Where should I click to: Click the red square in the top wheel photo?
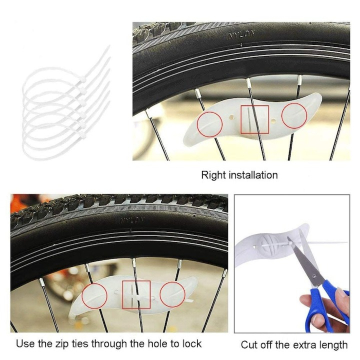pos(255,120)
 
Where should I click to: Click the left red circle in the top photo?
pos(210,124)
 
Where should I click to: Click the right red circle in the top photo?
pos(294,114)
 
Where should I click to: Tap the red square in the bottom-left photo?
pos(136,295)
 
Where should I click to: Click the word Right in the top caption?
pos(213,175)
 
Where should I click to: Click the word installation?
pos(253,175)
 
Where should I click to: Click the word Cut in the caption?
pos(249,345)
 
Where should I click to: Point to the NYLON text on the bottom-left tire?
pos(130,220)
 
